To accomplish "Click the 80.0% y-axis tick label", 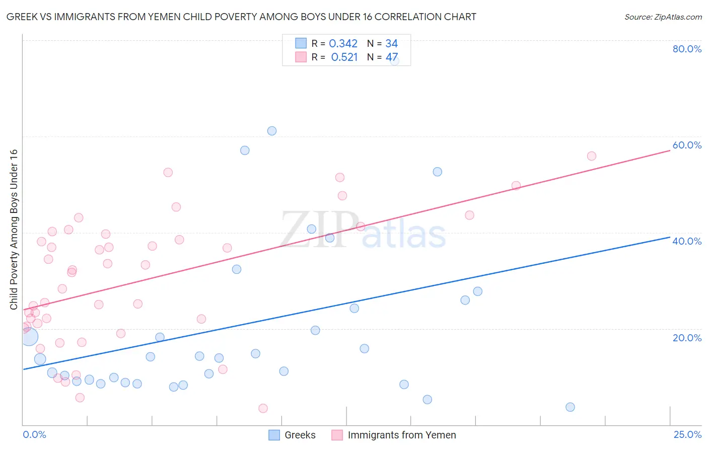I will pos(687,49).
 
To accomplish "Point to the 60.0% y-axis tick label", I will pos(687,145).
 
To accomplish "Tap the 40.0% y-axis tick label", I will pos(687,241).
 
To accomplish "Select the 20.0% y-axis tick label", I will pos(687,337).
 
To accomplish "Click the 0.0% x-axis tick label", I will pos(34,434).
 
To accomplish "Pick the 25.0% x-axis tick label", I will pos(687,434).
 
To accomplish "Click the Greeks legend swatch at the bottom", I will pos(274,435).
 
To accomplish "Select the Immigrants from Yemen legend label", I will pos(401,435).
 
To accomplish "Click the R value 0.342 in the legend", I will pos(343,43).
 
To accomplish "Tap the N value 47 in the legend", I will pos(392,57).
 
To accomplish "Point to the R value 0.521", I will pos(344,57).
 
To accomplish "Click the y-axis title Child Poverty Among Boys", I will pos(14,230).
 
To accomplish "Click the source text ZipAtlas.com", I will pos(663,17).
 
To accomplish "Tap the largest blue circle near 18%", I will pos(29,336).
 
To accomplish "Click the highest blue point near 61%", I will pos(272,131).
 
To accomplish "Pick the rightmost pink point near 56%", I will pos(592,156).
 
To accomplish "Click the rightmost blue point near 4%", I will pos(570,407).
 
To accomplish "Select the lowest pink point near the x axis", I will pos(263,408).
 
